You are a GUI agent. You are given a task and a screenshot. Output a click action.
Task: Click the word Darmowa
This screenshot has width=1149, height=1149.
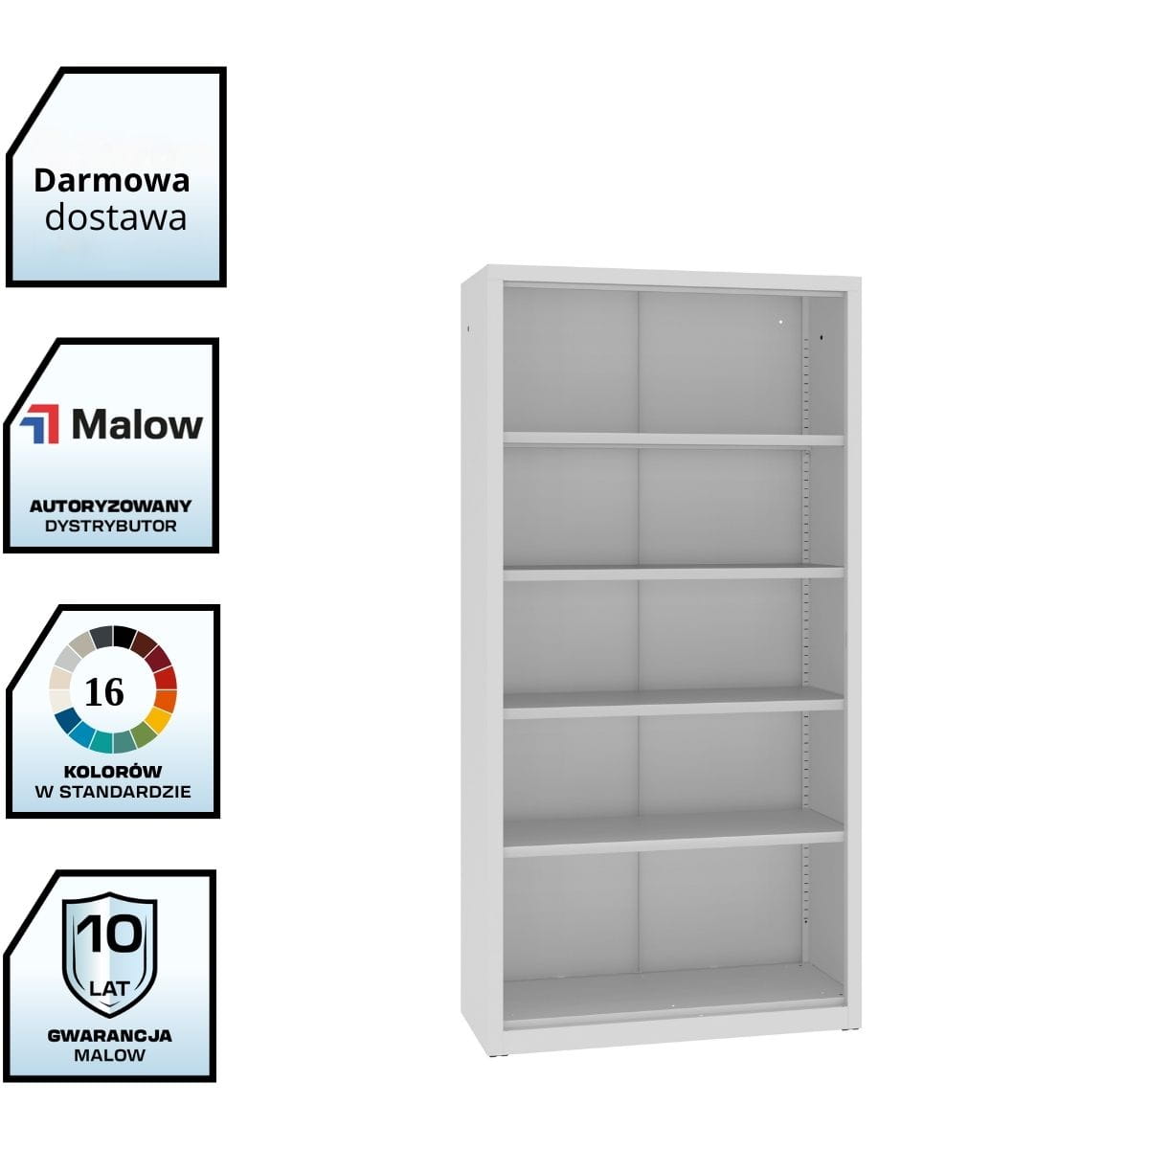tap(112, 180)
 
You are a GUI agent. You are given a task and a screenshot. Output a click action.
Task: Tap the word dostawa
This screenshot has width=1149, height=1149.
tap(116, 218)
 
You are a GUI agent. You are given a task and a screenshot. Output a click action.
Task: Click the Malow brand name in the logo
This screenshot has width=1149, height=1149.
tap(137, 425)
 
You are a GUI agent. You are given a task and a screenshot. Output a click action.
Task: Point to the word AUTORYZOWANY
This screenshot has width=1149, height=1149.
tap(110, 506)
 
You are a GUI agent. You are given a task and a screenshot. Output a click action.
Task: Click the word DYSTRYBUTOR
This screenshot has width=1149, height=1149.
tap(110, 526)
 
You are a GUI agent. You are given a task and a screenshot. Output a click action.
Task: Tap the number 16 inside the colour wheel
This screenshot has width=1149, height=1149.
tap(104, 691)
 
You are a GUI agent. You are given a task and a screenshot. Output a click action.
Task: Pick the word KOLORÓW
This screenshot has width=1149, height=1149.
tap(113, 771)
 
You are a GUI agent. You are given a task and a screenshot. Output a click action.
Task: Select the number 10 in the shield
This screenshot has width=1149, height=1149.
tap(110, 935)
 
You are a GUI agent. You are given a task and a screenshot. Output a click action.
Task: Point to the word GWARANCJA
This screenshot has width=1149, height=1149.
tap(110, 1035)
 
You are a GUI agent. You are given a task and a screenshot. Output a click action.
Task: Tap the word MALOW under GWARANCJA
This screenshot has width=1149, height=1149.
tap(110, 1055)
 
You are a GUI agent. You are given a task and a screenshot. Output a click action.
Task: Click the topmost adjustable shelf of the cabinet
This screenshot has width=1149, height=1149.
tap(673, 439)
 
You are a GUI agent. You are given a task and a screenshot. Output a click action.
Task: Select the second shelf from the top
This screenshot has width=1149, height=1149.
tap(673, 573)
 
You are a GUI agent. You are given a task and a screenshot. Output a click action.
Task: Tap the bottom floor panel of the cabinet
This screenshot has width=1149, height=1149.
tap(673, 991)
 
